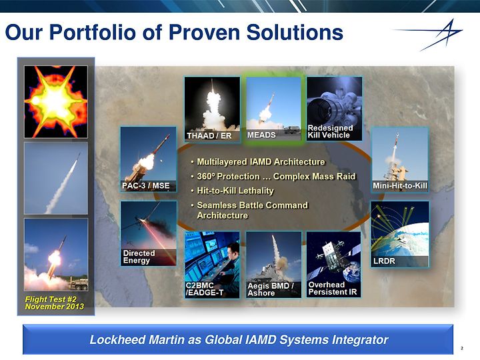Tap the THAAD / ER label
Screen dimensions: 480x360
(x=209, y=135)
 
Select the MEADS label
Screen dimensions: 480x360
(x=261, y=135)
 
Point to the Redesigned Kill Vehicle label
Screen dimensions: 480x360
(x=330, y=131)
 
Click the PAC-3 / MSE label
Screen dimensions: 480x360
(x=146, y=185)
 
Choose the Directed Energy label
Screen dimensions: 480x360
(x=139, y=257)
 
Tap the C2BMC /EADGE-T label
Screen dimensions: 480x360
(x=205, y=289)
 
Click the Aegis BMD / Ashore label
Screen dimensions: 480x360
(x=271, y=289)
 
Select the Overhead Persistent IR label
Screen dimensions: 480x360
(x=333, y=289)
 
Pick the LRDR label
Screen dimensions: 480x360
(x=384, y=261)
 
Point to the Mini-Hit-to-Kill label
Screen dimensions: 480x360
(x=400, y=185)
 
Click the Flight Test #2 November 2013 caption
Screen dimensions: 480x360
(x=55, y=303)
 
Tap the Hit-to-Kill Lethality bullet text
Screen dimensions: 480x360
(x=235, y=191)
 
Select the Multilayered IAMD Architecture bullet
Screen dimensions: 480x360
(x=261, y=161)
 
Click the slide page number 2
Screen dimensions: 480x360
(x=462, y=348)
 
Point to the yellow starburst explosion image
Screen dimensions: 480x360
(x=56, y=101)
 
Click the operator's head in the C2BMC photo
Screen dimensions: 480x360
(x=234, y=249)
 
